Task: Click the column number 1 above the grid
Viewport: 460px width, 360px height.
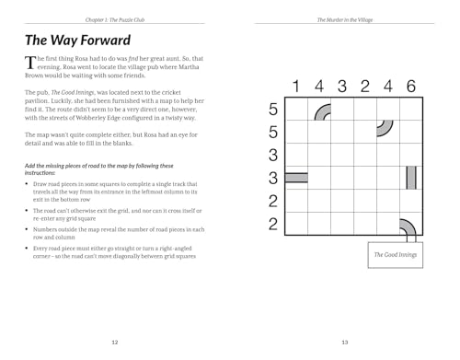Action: coord(296,87)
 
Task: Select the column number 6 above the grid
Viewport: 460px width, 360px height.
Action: coord(410,87)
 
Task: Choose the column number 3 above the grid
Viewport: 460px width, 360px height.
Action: coord(341,87)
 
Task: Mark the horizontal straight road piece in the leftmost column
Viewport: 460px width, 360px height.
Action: coord(296,176)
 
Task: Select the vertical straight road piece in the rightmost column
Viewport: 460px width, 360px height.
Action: coord(410,176)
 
